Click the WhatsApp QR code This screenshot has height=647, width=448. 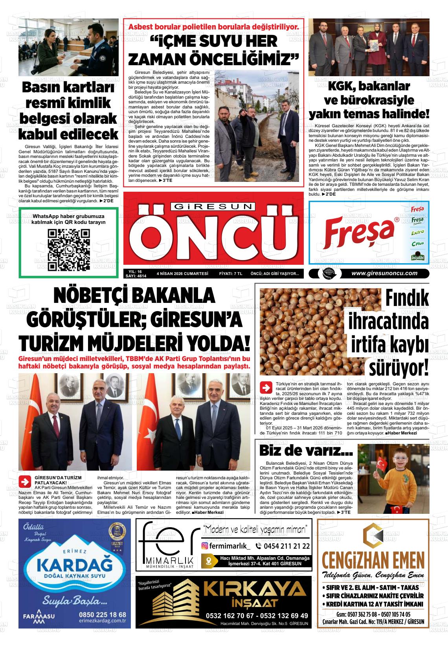(68, 250)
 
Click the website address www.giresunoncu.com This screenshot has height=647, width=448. (384, 274)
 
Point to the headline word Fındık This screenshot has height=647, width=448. (407, 299)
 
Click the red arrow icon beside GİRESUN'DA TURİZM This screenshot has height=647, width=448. (26, 482)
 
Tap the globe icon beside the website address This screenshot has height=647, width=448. (327, 274)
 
